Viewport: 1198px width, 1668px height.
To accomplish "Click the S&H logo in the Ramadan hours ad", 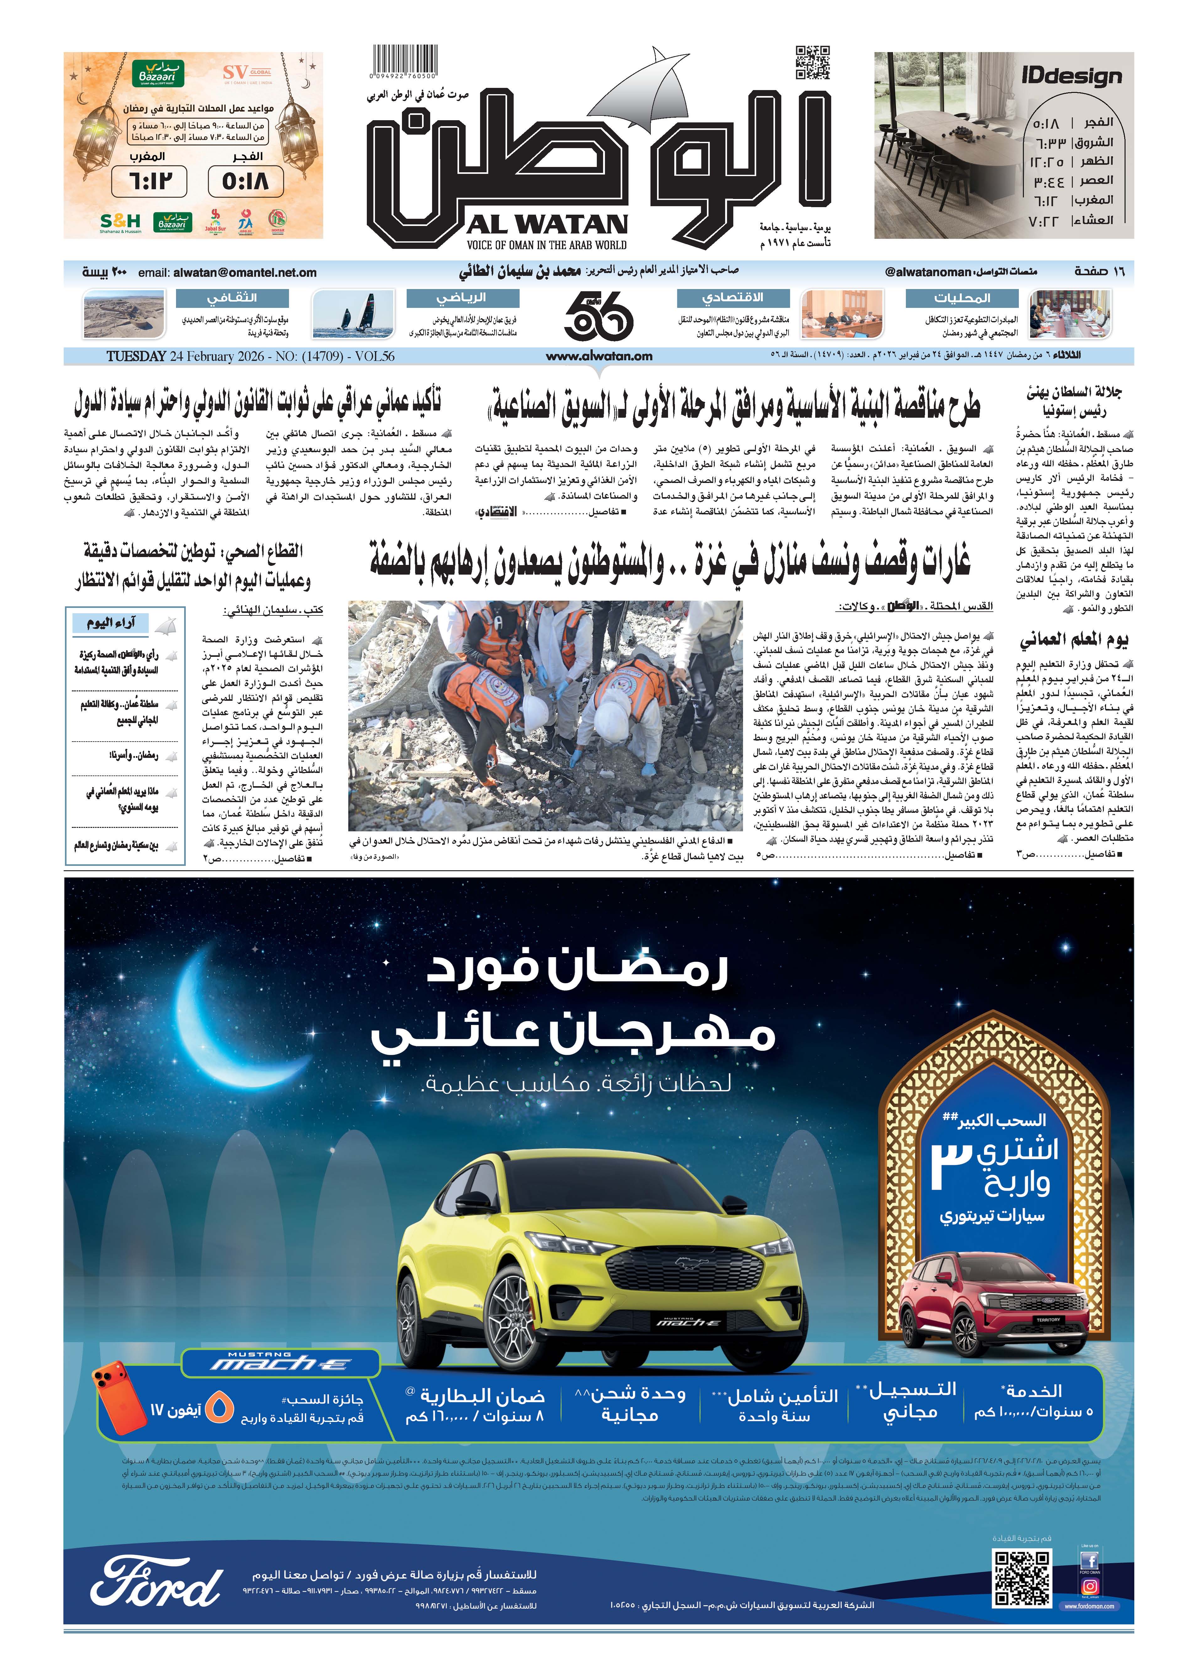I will [x=120, y=221].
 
